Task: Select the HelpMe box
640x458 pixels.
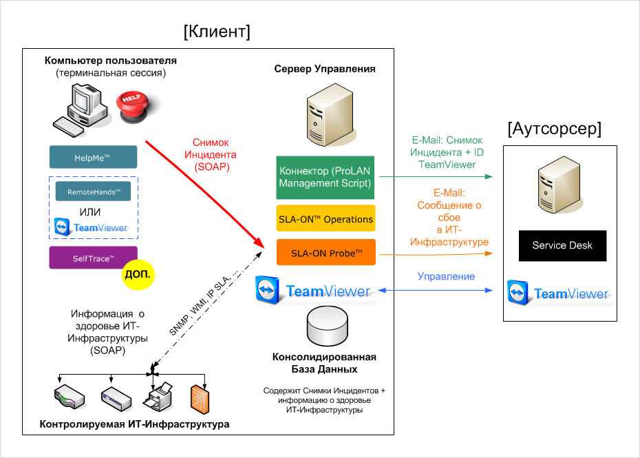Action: [93, 157]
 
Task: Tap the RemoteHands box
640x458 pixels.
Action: [93, 191]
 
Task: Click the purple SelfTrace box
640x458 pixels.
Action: [93, 258]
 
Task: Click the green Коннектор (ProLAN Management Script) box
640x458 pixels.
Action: [326, 177]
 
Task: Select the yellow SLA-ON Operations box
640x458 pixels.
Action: [326, 218]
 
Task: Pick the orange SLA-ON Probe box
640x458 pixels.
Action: [326, 253]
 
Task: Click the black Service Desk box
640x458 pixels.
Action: [562, 246]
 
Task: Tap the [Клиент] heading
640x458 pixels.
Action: [217, 32]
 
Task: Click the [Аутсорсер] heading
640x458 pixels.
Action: [554, 129]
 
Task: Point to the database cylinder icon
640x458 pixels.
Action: [325, 326]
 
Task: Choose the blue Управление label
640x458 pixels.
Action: [446, 276]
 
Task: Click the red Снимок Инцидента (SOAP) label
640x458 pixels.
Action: [215, 155]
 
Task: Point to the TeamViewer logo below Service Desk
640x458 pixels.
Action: [559, 293]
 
